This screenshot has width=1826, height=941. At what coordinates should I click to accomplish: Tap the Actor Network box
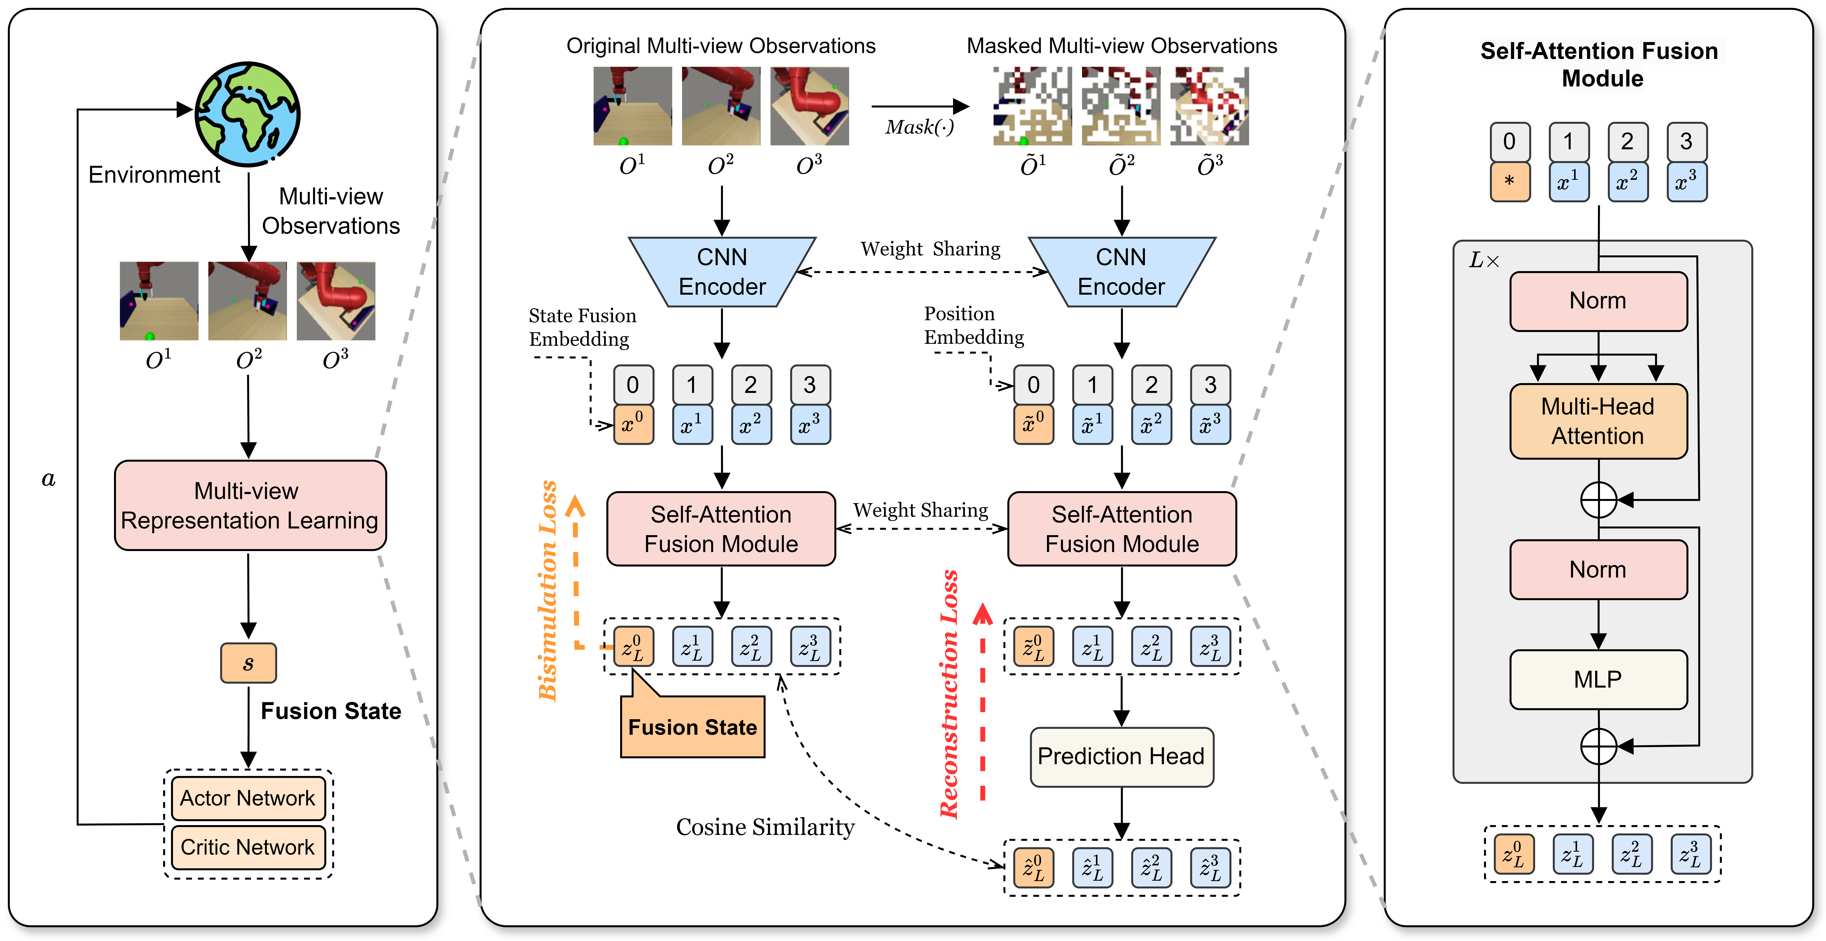pyautogui.click(x=247, y=798)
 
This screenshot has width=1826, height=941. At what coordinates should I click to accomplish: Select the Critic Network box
pyautogui.click(x=247, y=847)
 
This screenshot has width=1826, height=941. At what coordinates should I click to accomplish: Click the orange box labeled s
pyautogui.click(x=248, y=663)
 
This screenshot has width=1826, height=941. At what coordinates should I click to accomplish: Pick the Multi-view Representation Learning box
pyautogui.click(x=249, y=505)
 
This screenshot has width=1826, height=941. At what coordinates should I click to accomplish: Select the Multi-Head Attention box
pyautogui.click(x=1598, y=421)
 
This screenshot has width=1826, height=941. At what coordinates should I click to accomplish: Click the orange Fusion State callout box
pyautogui.click(x=692, y=727)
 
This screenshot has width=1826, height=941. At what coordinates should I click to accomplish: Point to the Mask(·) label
pyautogui.click(x=919, y=127)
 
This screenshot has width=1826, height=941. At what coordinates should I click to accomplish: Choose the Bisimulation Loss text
pyautogui.click(x=548, y=592)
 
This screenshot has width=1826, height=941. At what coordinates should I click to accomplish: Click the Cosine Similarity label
pyautogui.click(x=765, y=827)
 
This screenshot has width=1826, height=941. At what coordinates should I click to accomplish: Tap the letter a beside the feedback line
pyautogui.click(x=48, y=480)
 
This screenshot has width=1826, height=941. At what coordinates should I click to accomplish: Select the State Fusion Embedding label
pyautogui.click(x=582, y=327)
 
